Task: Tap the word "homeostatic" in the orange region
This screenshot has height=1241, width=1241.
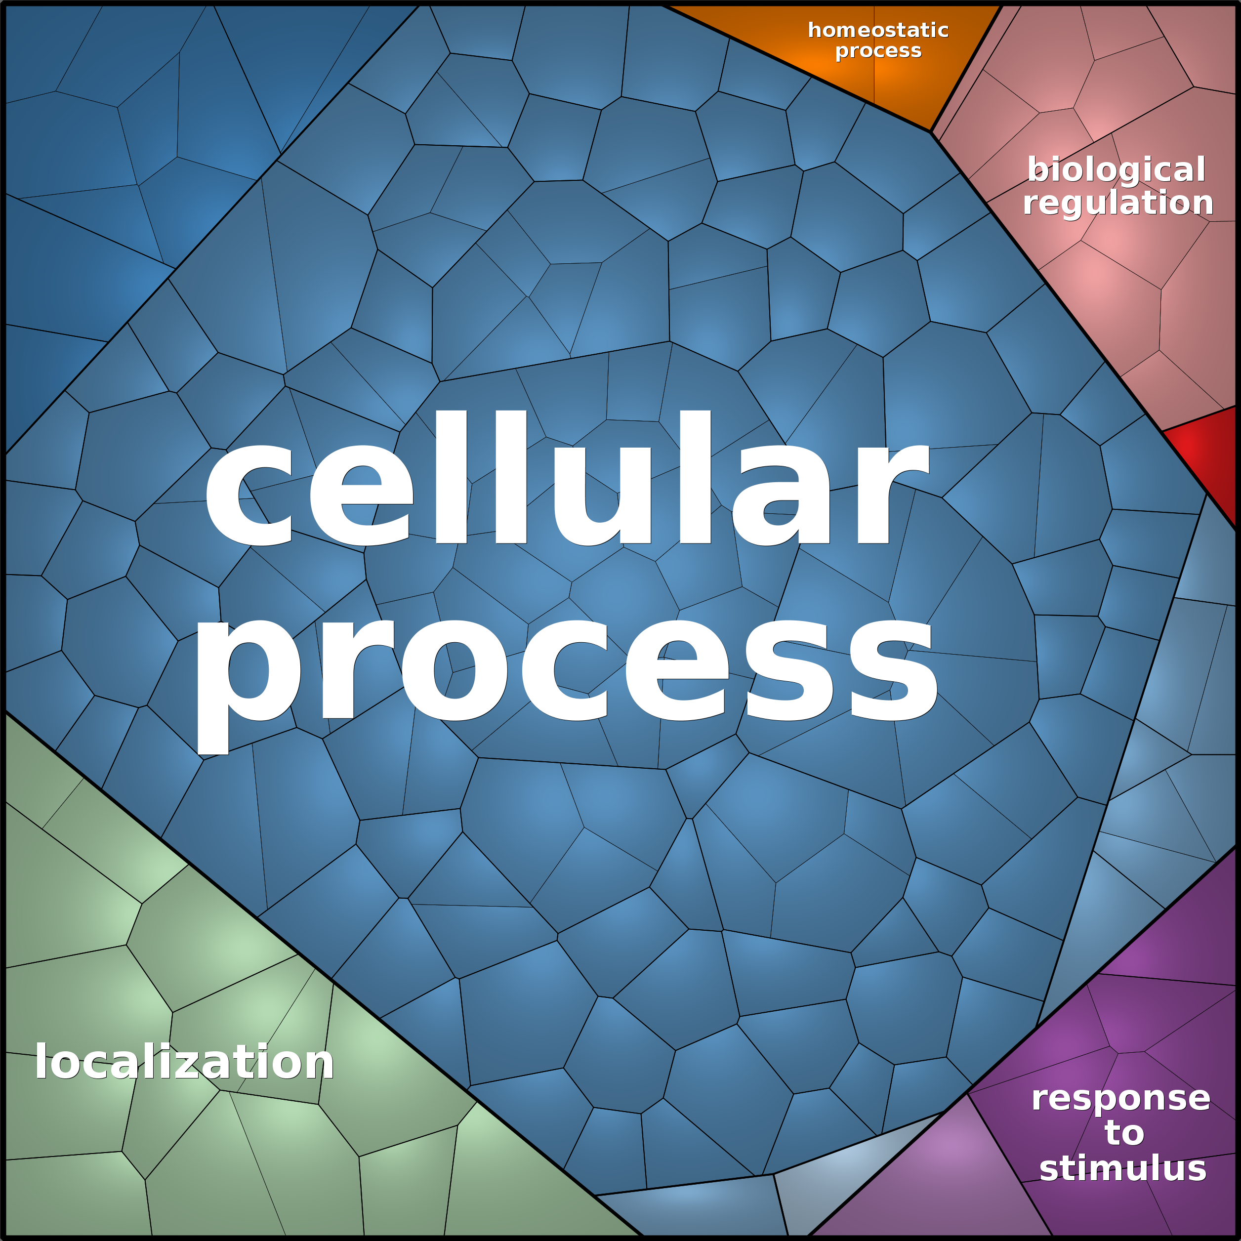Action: click(x=878, y=30)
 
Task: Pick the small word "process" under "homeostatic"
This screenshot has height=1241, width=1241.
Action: click(x=878, y=51)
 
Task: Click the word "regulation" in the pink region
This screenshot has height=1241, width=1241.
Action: click(x=1117, y=203)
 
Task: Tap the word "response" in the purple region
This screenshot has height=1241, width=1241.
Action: click(x=1121, y=1099)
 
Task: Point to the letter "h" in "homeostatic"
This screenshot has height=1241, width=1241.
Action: click(x=815, y=30)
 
